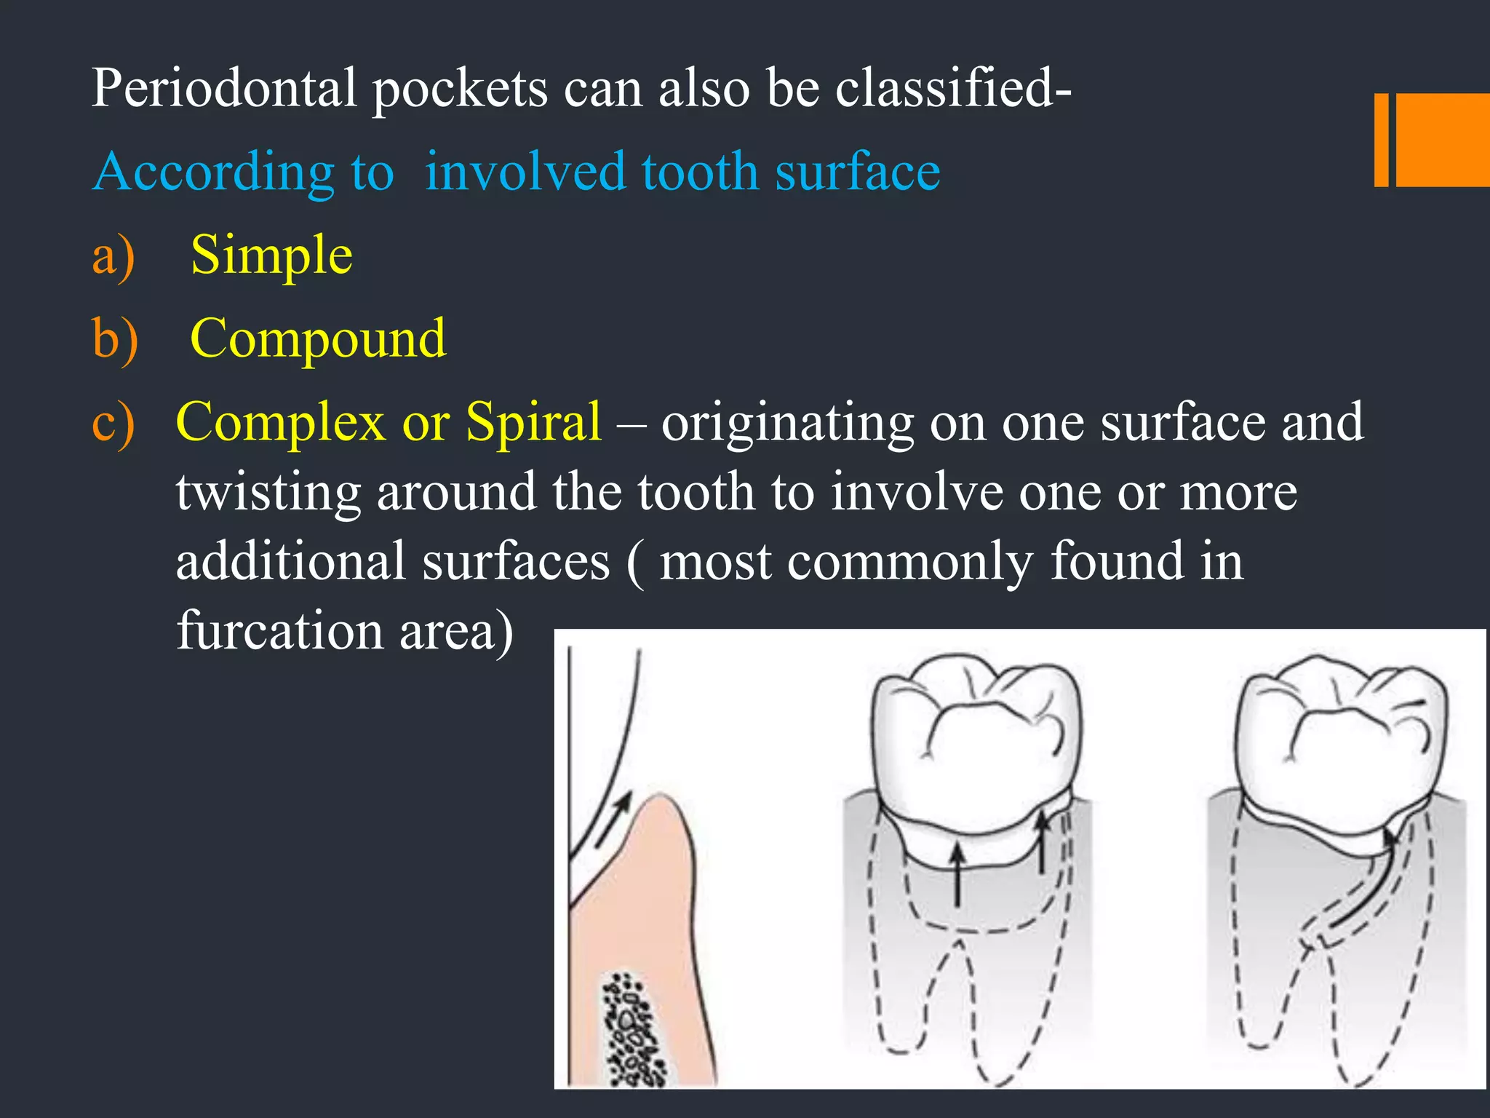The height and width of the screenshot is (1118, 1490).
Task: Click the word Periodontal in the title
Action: coord(224,89)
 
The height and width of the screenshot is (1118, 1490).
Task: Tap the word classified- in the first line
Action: coord(953,89)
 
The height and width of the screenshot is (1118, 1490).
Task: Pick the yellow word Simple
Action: coord(271,256)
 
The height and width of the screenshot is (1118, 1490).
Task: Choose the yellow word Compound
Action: coord(318,339)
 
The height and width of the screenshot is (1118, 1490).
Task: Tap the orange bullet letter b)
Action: coord(115,339)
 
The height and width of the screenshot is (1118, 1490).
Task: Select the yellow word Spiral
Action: coord(533,422)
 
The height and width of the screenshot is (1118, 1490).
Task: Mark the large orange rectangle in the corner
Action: coord(1443,140)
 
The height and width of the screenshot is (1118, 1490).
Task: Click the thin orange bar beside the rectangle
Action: coord(1381,140)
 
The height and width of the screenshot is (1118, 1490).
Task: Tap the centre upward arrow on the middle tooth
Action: coord(957,873)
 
